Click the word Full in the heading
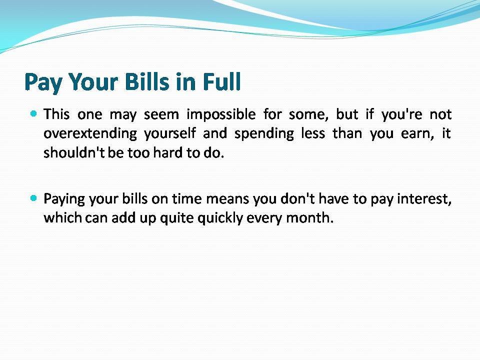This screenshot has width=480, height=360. click(x=222, y=81)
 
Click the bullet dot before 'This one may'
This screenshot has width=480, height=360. click(x=33, y=114)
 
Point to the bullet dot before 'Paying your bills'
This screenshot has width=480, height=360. click(x=33, y=198)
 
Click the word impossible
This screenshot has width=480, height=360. click(x=221, y=115)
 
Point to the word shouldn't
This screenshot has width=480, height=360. click(x=74, y=152)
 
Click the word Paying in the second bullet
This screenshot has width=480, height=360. click(x=64, y=199)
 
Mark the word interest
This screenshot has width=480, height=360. click(x=424, y=199)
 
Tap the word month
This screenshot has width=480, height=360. click(x=309, y=218)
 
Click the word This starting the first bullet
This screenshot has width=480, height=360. click(x=56, y=114)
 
